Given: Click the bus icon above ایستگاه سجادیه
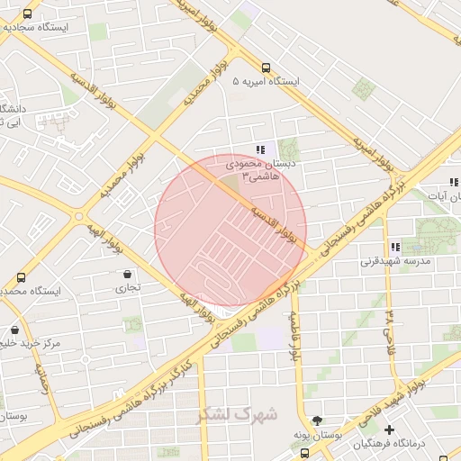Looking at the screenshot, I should coord(28,14).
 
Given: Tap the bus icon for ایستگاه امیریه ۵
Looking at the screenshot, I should coord(265,67).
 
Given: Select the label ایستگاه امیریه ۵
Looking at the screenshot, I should coord(265,81).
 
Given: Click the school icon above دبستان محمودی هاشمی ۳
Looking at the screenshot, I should coord(260,149).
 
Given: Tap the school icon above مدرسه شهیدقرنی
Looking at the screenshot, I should coord(394,247).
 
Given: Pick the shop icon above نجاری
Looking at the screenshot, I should coord(126,274).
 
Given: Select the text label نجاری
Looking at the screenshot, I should coord(121,289).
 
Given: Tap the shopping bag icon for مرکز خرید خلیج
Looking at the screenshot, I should coord(14,330).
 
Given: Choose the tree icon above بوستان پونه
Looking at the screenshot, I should coord(316,420).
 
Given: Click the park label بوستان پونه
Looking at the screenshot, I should coord(315,435).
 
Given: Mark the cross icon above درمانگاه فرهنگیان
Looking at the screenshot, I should coord(389,429).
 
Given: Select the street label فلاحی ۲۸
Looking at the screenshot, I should coord(390,332).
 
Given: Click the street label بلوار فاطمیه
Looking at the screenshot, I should coord(294,338).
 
